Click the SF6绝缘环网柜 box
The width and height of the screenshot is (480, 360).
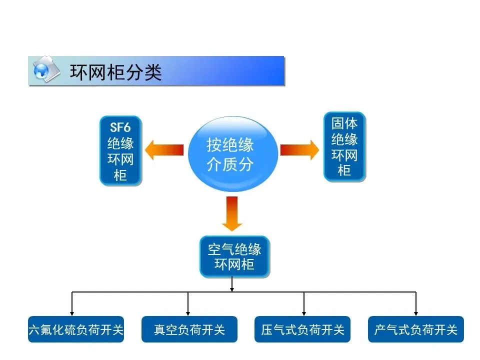pos(120,150)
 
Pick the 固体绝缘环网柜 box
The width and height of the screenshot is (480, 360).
pos(344,146)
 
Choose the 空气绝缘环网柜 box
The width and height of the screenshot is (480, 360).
pos(234,256)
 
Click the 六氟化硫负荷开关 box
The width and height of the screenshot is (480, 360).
pos(76,329)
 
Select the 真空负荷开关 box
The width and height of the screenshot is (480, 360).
pos(189,329)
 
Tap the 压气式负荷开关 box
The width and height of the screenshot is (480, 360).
pos(302,329)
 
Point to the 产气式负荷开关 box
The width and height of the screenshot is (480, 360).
pos(415,329)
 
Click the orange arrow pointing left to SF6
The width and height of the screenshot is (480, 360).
pos(164,150)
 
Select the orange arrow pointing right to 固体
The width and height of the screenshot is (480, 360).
pos(299,149)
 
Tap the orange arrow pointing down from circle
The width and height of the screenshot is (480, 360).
pos(231,213)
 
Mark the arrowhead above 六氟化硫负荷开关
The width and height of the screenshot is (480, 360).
pos(72,312)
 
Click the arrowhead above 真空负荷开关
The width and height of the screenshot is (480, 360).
pos(188,312)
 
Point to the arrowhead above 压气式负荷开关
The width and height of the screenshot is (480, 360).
pos(303,312)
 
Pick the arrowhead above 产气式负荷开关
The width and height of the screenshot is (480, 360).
pos(416,312)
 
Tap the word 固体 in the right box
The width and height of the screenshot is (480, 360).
pos(344,123)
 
